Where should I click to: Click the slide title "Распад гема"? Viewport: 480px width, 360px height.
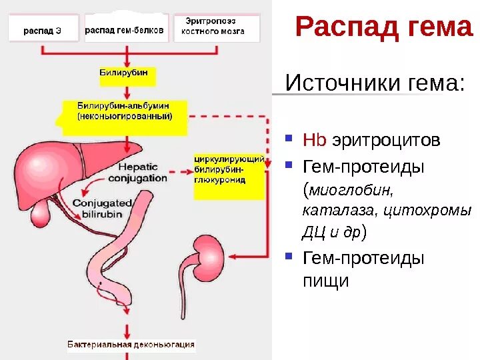(x=383, y=27)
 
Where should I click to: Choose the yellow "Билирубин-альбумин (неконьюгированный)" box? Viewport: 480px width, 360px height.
(x=125, y=111)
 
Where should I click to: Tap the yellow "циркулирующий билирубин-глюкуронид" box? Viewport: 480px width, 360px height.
(x=229, y=171)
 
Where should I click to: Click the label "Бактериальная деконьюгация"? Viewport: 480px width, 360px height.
(x=131, y=345)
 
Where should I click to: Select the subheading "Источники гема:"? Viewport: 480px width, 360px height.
(x=374, y=84)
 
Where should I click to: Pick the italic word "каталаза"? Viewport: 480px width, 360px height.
(x=331, y=211)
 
